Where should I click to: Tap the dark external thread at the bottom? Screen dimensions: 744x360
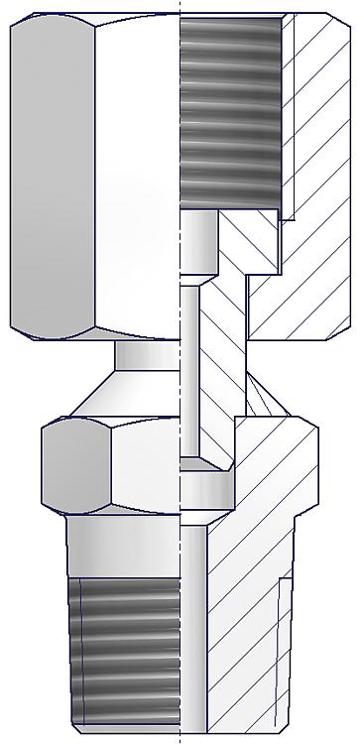pos(126,650)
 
